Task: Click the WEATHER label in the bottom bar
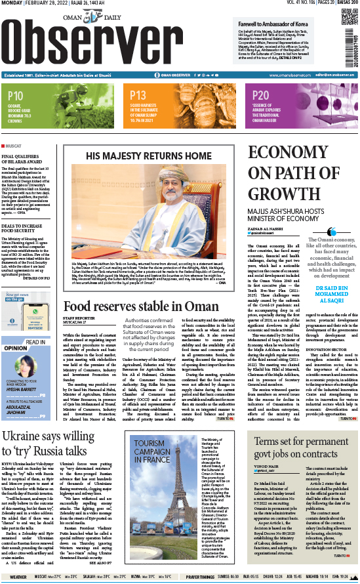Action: [18, 577]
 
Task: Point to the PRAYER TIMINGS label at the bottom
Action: [200, 577]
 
